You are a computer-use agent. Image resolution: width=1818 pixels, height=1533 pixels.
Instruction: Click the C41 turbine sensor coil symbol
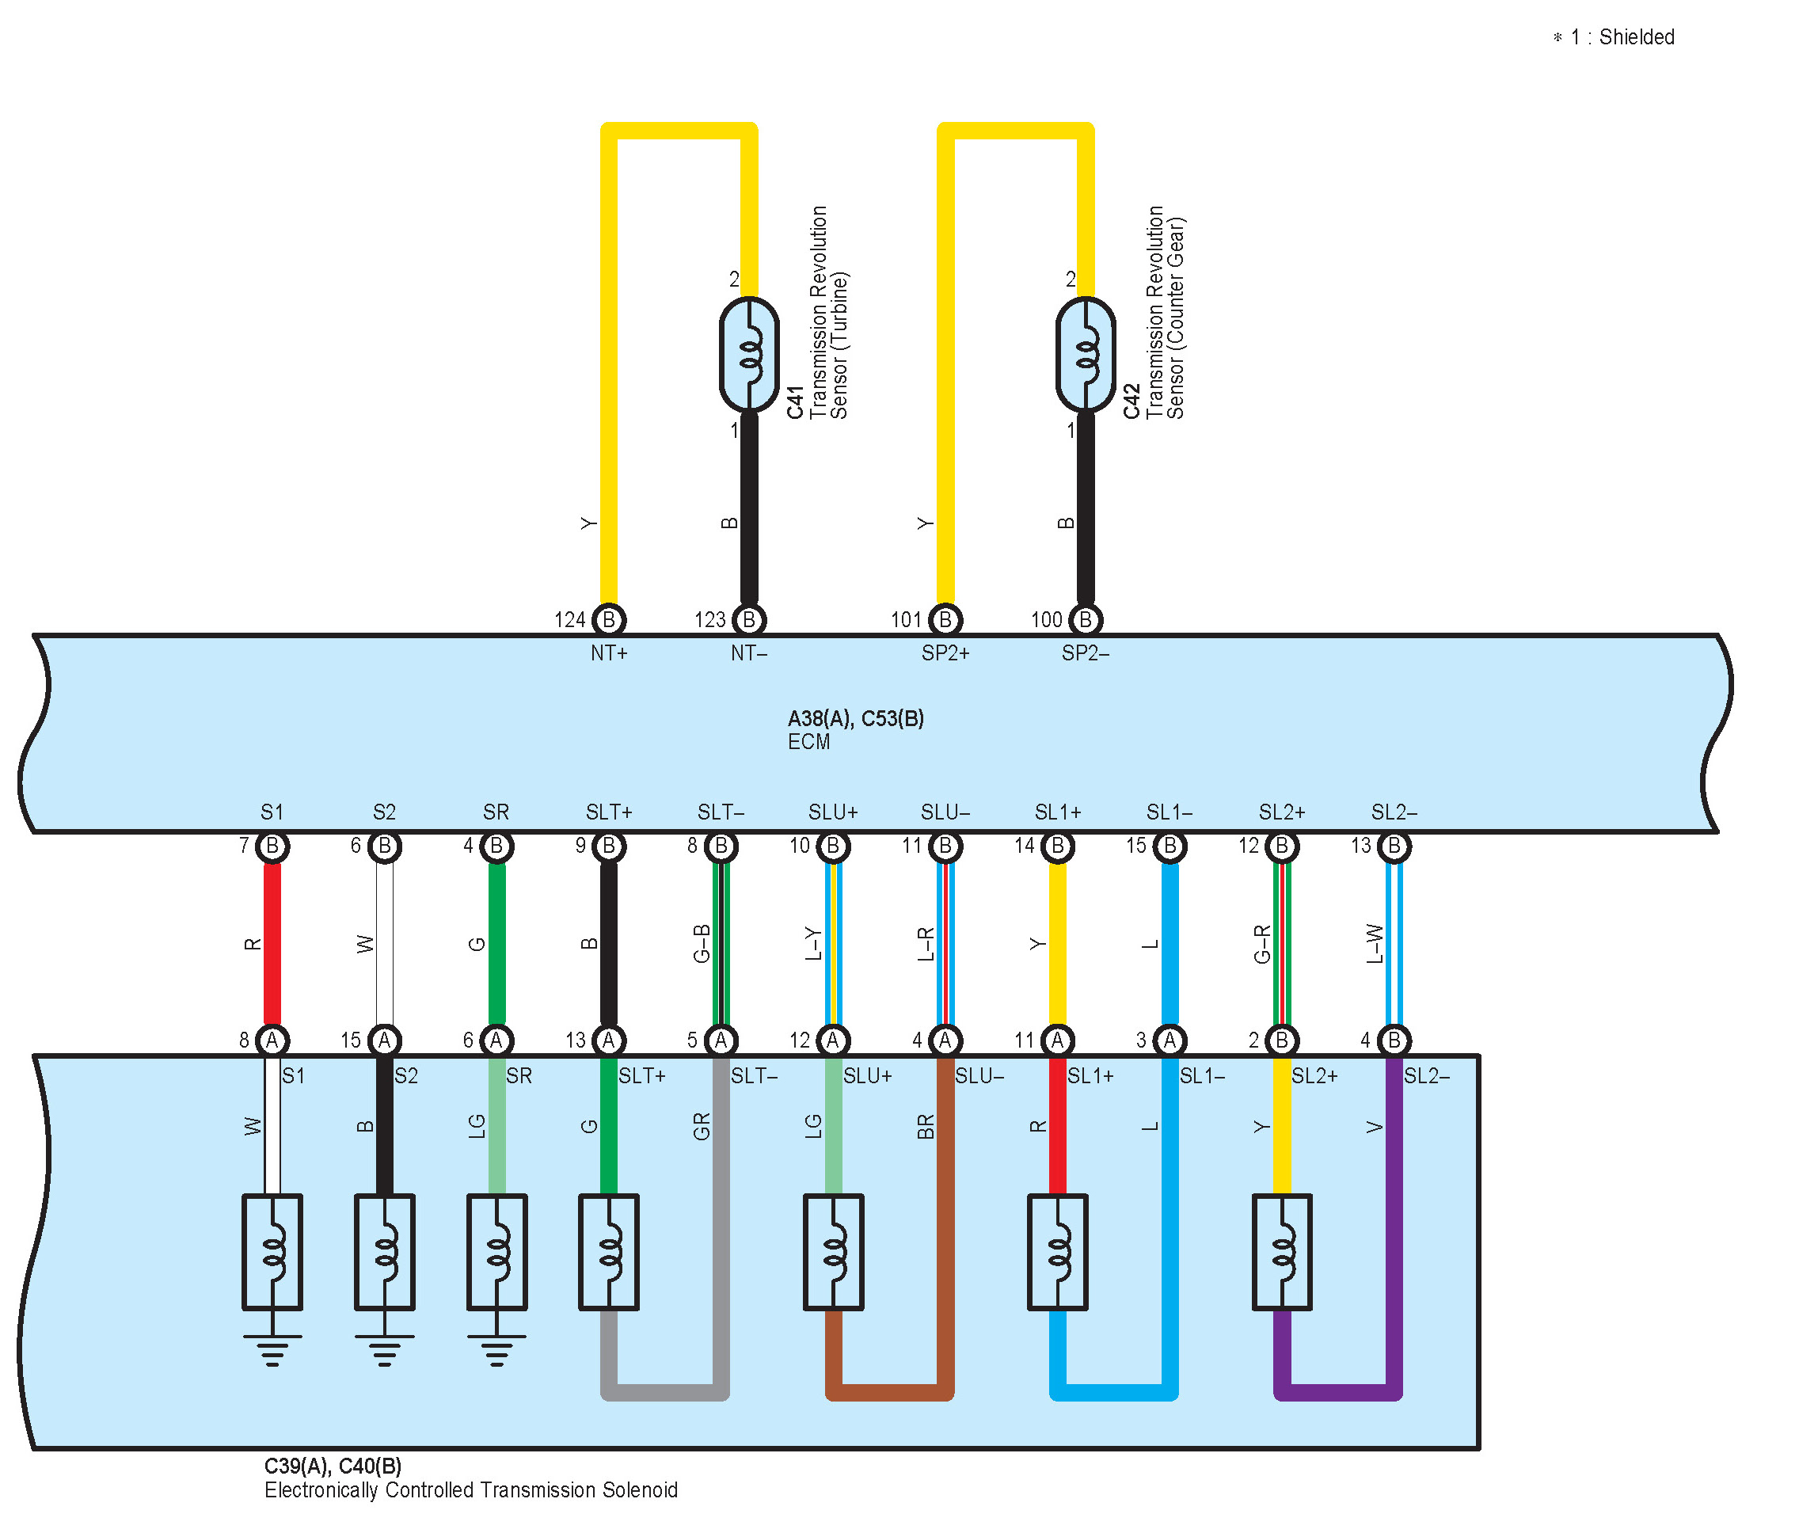(748, 355)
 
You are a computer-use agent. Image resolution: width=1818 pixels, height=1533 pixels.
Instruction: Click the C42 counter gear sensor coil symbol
(1085, 355)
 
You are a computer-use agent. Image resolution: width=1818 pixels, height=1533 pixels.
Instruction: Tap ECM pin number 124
(570, 620)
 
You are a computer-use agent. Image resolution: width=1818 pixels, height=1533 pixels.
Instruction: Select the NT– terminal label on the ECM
(748, 652)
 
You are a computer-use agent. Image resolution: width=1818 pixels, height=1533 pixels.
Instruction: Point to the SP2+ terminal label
(945, 652)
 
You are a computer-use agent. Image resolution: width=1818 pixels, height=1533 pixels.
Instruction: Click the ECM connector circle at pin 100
(1085, 620)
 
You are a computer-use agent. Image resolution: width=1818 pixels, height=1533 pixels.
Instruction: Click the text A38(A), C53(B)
(855, 719)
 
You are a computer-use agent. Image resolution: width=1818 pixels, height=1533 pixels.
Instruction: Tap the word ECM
(808, 742)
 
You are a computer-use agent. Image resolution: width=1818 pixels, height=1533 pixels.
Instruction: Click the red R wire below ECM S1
(272, 944)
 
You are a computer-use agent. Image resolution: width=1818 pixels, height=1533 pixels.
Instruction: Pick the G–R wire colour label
(1262, 944)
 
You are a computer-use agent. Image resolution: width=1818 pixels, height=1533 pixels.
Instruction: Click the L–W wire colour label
(1374, 944)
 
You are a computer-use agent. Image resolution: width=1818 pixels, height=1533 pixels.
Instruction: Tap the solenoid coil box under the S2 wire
(384, 1251)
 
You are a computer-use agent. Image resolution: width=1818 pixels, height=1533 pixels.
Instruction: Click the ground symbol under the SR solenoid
(496, 1349)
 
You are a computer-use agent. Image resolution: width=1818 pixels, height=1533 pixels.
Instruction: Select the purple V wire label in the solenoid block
(1374, 1127)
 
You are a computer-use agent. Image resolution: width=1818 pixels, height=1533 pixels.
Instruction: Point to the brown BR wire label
(926, 1127)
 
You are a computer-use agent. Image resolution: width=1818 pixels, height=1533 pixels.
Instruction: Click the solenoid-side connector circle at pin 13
(608, 1040)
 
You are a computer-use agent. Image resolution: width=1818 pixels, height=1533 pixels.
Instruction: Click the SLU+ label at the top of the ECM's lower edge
(832, 812)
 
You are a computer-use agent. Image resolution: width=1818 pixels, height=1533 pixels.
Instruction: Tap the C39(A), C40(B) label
(333, 1466)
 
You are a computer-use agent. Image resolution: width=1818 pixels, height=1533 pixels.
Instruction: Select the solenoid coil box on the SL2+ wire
(1282, 1251)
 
